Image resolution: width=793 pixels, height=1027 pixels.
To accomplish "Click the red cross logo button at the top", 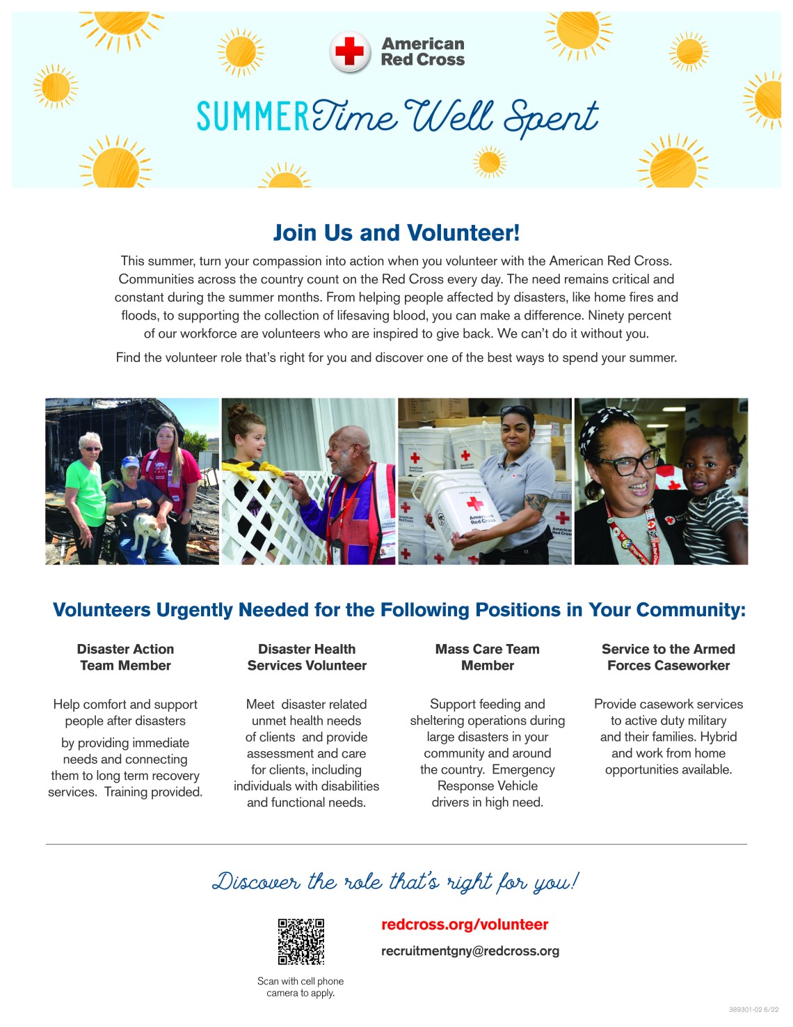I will coord(350,52).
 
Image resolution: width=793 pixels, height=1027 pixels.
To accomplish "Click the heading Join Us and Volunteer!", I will coord(396,233).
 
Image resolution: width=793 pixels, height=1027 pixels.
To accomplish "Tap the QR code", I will coord(301,941).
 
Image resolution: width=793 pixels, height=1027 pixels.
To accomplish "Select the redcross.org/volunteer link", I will coord(465,925).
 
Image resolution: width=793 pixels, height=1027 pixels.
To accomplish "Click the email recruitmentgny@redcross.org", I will coord(470,951).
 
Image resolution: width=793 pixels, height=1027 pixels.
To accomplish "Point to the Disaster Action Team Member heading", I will coord(125,657).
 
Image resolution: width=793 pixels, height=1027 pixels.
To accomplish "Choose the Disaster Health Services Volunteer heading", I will coord(307,657).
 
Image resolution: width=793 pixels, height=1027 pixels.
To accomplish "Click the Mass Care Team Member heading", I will coord(487,657).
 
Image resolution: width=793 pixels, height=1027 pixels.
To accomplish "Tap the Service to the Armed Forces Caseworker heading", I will coord(668,657).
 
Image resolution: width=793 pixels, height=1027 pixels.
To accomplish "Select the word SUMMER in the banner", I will coord(253,117).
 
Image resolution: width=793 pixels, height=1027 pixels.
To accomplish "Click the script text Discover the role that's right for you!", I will coord(395,881).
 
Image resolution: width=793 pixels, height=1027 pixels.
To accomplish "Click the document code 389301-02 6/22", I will coord(753,1010).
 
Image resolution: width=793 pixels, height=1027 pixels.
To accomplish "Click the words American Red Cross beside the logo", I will coord(423,52).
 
